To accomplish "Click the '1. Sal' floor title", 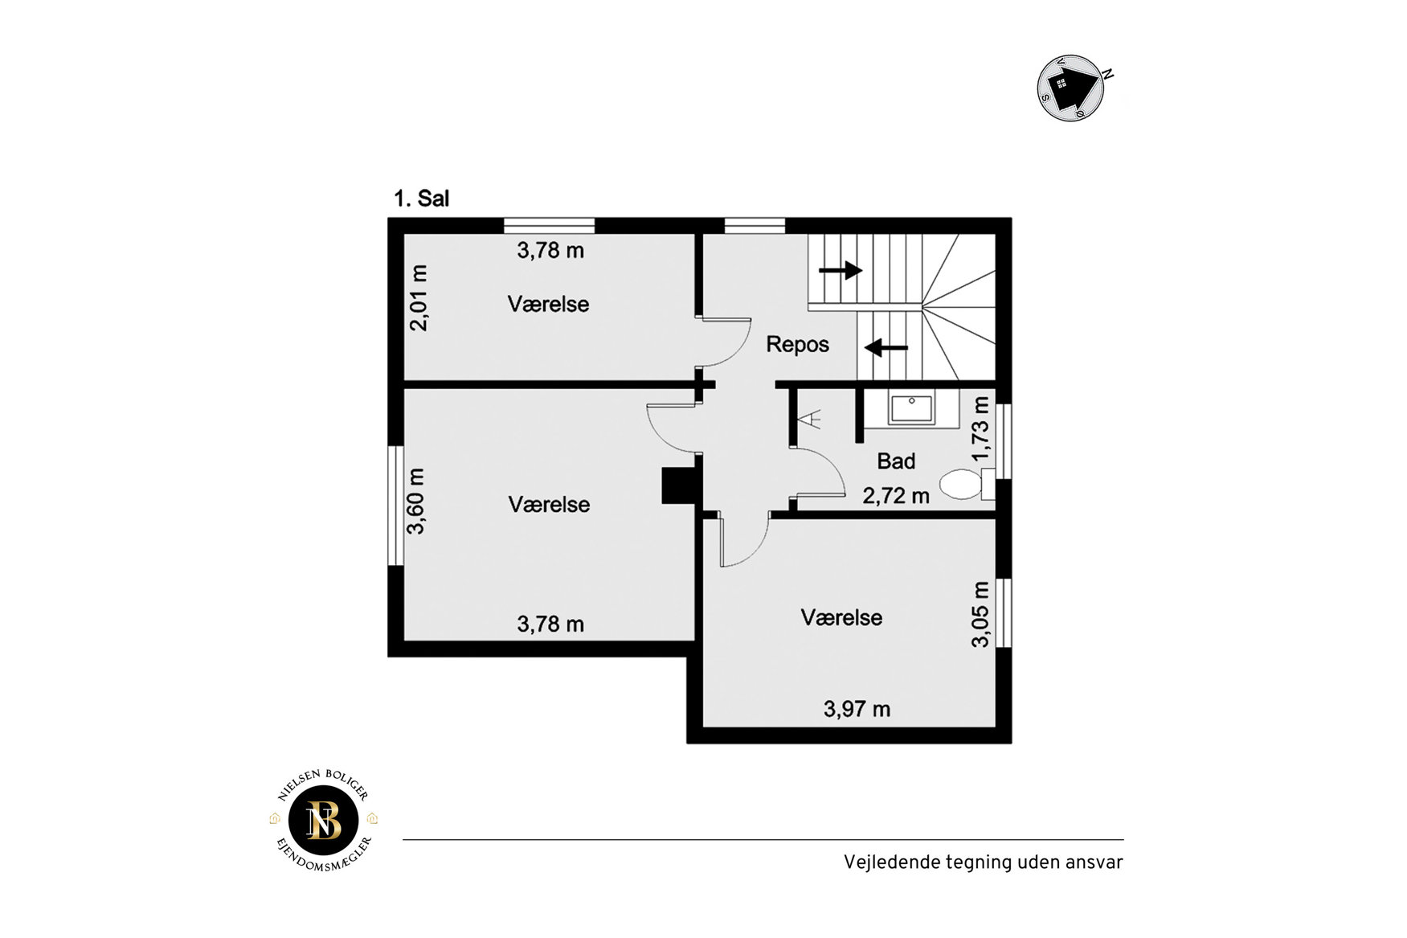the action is point(421,199).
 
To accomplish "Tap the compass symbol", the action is point(1073,88).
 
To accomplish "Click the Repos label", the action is point(797,345).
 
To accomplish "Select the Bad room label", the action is point(896,461).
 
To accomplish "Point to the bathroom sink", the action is point(911,409).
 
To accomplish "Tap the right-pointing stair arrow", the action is point(841,270).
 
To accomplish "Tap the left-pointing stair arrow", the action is point(886,348).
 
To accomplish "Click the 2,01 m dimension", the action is point(419,297).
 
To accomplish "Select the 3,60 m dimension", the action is point(415,502).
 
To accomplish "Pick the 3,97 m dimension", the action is point(857,709).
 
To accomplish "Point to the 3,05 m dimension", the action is point(980,614).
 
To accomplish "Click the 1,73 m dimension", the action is point(980,428).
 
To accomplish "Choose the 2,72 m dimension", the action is point(896,496).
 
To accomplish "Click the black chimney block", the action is point(678,486).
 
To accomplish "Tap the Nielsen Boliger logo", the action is point(324,821).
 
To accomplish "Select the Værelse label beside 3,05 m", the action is point(841,617).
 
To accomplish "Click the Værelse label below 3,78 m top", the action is point(548,304).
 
